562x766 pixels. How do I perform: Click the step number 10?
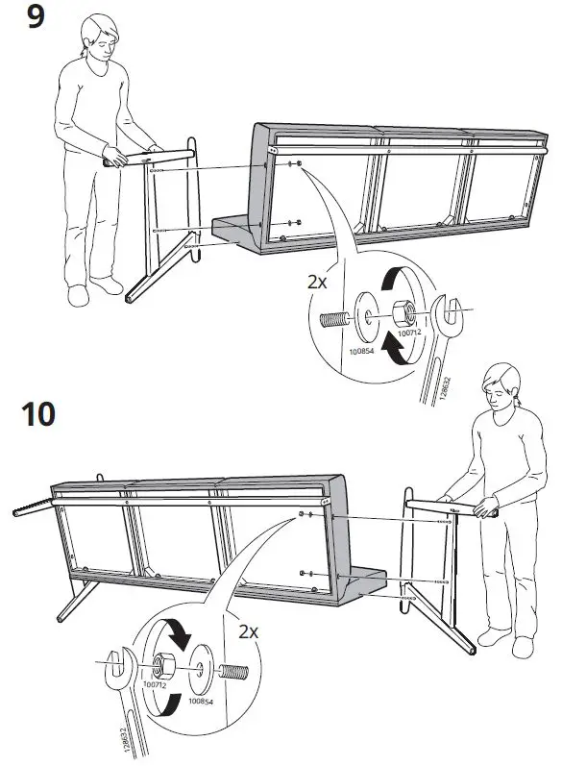38,415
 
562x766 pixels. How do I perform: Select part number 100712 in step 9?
409,333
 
